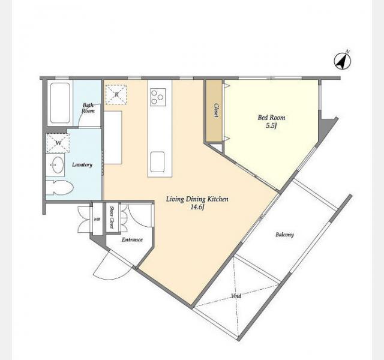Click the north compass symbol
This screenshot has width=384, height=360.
(x=343, y=61)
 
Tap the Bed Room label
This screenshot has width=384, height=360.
(x=271, y=118)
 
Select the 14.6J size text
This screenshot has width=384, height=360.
(x=197, y=207)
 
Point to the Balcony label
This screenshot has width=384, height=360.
(x=284, y=235)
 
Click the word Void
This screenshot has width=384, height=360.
(x=236, y=296)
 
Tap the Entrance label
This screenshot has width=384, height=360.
(x=132, y=239)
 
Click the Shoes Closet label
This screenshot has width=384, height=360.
(x=112, y=217)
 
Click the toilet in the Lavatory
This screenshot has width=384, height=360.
(x=59, y=188)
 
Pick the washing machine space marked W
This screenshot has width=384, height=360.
(x=58, y=143)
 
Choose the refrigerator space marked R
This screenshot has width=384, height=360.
(x=116, y=95)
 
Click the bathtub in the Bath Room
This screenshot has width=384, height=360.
(x=60, y=103)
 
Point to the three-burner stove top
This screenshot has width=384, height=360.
(x=158, y=97)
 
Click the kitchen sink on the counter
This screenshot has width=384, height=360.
(x=157, y=162)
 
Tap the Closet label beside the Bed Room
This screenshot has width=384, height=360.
(x=216, y=110)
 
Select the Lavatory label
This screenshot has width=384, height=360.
(x=82, y=164)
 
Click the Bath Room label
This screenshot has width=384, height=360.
(x=88, y=108)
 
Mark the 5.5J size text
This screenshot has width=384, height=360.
(x=271, y=126)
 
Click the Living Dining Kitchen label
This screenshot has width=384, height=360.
(x=197, y=199)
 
